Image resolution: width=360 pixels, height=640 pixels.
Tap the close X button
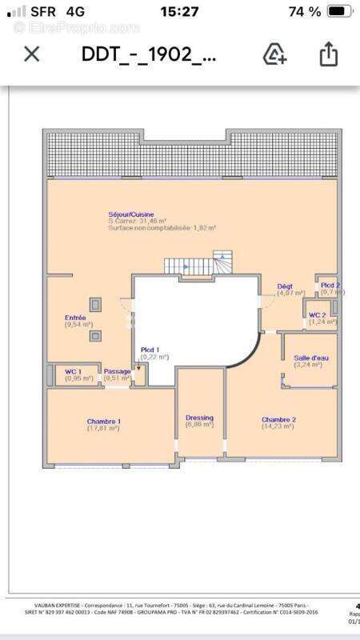pyautogui.click(x=31, y=54)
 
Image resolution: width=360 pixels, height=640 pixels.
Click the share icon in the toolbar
pyautogui.click(x=328, y=54)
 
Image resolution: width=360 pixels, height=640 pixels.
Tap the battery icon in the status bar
pyautogui.click(x=339, y=12)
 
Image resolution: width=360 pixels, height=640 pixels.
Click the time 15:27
pyautogui.click(x=179, y=12)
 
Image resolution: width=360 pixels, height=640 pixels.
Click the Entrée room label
pyautogui.click(x=76, y=318)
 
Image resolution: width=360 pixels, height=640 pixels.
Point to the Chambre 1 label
pyautogui.click(x=103, y=421)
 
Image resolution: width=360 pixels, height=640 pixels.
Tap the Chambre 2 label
pyautogui.click(x=278, y=419)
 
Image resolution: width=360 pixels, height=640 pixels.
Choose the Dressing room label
pyautogui.click(x=199, y=418)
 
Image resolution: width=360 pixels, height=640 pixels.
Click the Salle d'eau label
pyautogui.click(x=307, y=358)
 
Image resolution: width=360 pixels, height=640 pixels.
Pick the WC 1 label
pyautogui.click(x=74, y=371)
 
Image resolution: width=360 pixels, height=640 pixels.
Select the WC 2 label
pyautogui.click(x=318, y=315)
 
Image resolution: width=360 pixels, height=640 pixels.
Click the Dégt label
pyautogui.click(x=285, y=286)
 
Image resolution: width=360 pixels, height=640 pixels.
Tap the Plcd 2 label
pyautogui.click(x=330, y=286)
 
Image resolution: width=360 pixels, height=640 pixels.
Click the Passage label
pyautogui.click(x=117, y=371)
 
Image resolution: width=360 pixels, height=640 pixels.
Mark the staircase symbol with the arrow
pyautogui.click(x=196, y=264)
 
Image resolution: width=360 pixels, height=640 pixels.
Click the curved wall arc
pyautogui.click(x=250, y=350)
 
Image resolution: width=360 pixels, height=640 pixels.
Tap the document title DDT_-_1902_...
pyautogui.click(x=148, y=54)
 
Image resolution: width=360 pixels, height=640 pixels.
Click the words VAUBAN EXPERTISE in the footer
pyautogui.click(x=60, y=606)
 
